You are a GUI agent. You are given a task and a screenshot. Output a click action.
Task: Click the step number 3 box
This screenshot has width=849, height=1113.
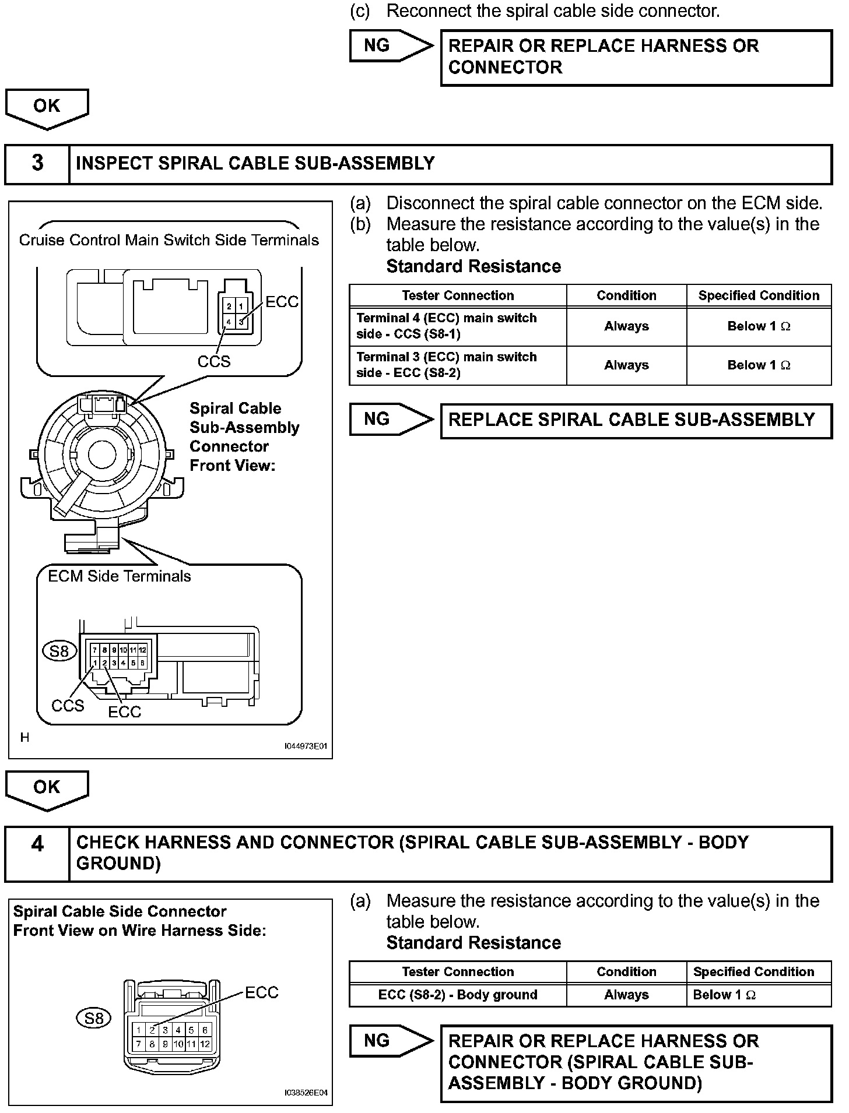[x=37, y=164]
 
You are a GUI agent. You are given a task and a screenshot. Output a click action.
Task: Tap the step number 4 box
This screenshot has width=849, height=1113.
[x=37, y=853]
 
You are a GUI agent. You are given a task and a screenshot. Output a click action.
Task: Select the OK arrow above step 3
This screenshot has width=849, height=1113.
[x=47, y=108]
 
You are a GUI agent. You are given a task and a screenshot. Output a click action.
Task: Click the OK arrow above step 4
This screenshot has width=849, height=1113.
[x=47, y=789]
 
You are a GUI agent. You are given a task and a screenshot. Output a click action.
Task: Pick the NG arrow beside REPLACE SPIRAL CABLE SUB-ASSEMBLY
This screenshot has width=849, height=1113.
[x=390, y=419]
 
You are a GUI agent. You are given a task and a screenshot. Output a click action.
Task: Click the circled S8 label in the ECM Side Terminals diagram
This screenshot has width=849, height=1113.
[x=59, y=650]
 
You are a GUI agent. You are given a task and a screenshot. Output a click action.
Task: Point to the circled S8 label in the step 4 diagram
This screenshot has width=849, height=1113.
[x=94, y=1018]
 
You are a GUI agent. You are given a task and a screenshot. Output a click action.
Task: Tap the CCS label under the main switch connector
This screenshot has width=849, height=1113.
[x=214, y=362]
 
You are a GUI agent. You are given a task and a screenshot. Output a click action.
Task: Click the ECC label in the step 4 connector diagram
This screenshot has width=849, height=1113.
[x=262, y=992]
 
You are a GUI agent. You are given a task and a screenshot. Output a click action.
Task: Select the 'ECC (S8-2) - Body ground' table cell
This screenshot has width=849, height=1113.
[x=458, y=995]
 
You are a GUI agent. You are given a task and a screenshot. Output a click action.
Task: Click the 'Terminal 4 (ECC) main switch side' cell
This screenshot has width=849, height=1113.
[x=458, y=326]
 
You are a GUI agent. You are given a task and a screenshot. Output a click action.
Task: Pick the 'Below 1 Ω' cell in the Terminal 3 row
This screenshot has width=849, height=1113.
[x=759, y=365]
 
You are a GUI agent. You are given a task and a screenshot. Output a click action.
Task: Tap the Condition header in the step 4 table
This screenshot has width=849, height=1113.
[x=626, y=971]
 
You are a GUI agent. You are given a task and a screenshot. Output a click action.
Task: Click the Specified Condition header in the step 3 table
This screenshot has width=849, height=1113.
[x=759, y=295]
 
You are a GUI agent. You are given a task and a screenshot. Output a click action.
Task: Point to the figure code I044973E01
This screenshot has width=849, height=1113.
[x=306, y=746]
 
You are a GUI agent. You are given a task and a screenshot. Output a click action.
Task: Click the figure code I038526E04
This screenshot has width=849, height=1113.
[x=306, y=1093]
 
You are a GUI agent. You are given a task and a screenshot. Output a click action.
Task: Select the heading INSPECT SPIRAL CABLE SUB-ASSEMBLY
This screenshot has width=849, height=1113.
[x=255, y=164]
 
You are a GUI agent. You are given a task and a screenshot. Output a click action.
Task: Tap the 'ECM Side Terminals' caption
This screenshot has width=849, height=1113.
[x=120, y=576]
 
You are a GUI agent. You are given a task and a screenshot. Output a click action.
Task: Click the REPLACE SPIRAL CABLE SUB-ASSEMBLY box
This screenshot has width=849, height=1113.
[x=636, y=420]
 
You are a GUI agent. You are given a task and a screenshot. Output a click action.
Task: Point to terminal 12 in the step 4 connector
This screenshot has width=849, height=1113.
[x=205, y=1044]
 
